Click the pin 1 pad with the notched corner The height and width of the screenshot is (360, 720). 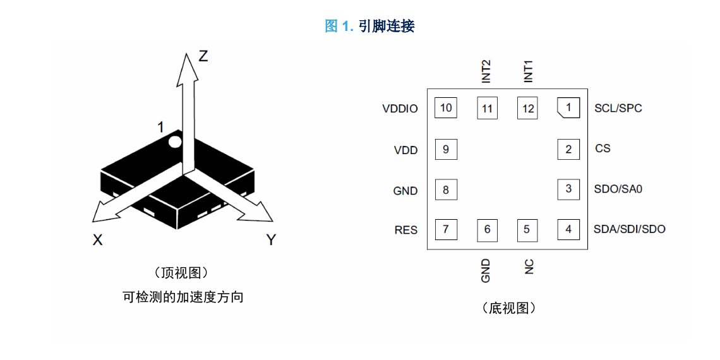[568, 108]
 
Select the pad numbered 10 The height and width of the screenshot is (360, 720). [446, 108]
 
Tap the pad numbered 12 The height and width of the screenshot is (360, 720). [528, 109]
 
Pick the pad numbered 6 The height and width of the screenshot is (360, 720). [487, 229]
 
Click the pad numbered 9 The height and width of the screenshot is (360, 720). [446, 149]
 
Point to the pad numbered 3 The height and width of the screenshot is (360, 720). [568, 189]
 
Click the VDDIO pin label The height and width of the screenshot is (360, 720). [400, 109]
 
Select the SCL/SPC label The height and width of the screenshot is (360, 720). [618, 109]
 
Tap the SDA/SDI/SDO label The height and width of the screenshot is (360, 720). [630, 229]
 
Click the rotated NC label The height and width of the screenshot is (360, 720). [529, 267]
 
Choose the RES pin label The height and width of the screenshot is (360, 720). [406, 230]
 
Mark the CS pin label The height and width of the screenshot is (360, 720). [603, 149]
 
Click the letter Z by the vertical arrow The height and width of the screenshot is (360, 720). [203, 56]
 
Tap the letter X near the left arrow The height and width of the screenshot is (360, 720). [97, 239]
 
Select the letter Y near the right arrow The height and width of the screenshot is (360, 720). [272, 239]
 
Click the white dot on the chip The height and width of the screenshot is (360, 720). [174, 142]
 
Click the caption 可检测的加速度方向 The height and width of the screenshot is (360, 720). [183, 297]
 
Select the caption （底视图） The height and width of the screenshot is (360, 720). [507, 308]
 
